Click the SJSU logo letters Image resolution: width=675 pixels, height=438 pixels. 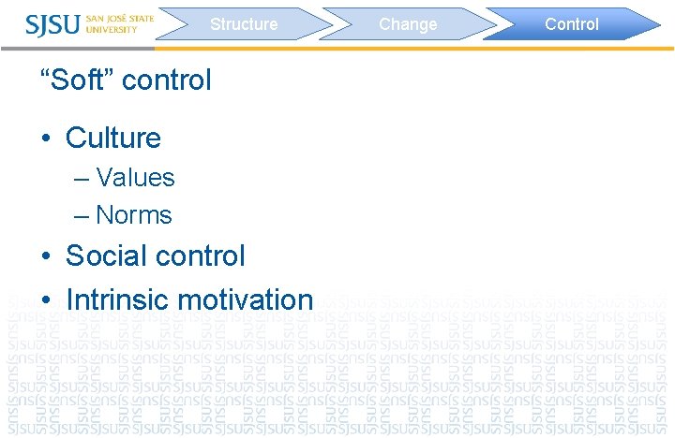click(52, 23)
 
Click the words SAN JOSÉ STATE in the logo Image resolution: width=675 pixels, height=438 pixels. click(119, 17)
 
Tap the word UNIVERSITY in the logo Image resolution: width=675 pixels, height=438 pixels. click(112, 29)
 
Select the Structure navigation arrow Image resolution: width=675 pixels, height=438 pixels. click(244, 24)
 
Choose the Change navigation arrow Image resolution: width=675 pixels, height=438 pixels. click(408, 24)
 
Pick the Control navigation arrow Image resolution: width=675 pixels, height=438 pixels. click(572, 24)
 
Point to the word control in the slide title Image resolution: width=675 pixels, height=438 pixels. click(167, 80)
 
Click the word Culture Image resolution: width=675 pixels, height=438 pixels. click(113, 139)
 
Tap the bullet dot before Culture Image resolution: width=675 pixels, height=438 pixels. click(46, 139)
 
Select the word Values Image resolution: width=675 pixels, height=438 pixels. click(135, 178)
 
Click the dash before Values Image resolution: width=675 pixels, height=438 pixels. click(82, 179)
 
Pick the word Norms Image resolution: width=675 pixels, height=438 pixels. click(134, 215)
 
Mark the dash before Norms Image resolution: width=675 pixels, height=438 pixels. click(82, 216)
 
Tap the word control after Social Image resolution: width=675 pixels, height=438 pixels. click(202, 255)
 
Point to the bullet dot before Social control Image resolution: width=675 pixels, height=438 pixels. click(46, 256)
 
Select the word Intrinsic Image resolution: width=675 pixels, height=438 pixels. click(117, 300)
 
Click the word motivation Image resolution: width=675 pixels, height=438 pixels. click(245, 300)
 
